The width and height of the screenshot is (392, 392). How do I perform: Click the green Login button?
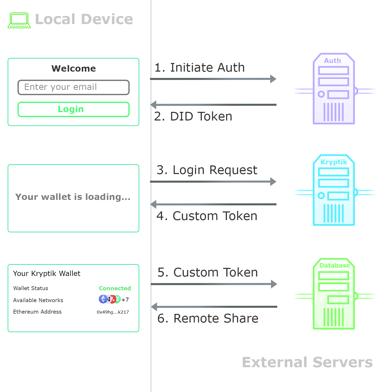73,109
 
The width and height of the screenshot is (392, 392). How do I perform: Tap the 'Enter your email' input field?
73,87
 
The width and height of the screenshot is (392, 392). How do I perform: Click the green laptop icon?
19,20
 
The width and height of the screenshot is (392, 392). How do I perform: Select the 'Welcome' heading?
74,68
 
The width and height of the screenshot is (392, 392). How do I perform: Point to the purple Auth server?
334,89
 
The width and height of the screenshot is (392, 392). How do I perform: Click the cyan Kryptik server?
334,190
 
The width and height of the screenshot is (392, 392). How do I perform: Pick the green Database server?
334,294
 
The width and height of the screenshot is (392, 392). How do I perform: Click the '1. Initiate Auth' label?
200,67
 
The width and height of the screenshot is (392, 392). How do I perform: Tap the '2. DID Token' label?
193,116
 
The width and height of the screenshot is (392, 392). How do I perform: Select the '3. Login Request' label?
207,170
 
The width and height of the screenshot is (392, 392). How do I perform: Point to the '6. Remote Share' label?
208,318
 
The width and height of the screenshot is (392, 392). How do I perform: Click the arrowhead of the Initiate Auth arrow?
273,79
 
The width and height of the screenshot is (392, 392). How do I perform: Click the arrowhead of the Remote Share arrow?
154,307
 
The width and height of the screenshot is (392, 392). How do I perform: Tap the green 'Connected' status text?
115,288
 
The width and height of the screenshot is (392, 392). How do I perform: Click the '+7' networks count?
125,300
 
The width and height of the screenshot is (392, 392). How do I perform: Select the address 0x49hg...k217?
113,312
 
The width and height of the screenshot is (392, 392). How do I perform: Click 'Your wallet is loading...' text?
73,197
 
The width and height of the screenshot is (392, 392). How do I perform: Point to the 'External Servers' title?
307,362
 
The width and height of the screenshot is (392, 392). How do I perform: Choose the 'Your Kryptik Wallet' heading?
47,273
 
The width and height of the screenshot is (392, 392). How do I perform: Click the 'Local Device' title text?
84,19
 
